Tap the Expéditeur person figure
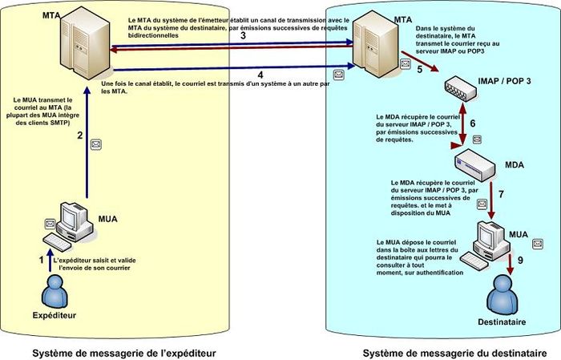point(54,292)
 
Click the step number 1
point(42,260)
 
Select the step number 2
point(79,135)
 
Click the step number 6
point(473,123)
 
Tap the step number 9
point(519,260)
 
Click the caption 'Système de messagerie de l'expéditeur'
point(124,352)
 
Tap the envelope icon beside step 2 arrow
point(97,145)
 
